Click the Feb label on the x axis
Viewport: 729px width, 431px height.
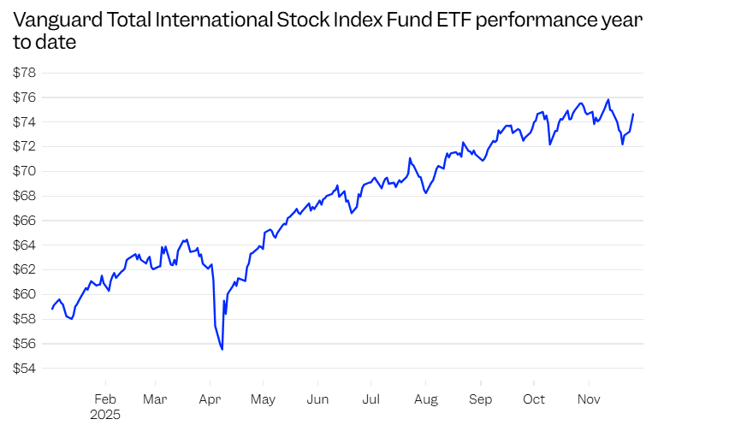tap(105, 399)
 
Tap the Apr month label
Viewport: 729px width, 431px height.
tap(210, 399)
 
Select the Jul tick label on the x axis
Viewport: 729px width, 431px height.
tap(370, 399)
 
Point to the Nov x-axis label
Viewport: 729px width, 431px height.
tap(589, 399)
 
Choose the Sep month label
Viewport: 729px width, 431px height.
tap(481, 399)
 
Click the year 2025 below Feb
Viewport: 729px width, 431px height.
tap(106, 415)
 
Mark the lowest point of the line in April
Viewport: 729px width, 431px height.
tap(222, 349)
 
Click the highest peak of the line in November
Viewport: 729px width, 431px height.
tap(607, 99)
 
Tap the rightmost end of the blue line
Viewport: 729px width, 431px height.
tap(633, 114)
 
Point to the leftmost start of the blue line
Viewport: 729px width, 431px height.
tap(52, 309)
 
